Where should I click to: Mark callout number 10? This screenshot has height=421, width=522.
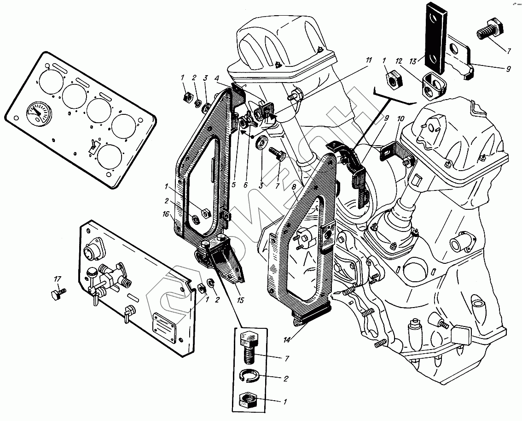pos(401,119)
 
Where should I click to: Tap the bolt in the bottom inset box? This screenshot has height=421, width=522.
pos(249,350)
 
